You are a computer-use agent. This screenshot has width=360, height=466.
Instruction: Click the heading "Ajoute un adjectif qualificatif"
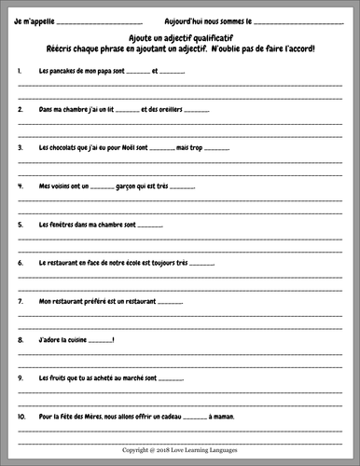180,35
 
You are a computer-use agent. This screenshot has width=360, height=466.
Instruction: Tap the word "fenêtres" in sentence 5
64,225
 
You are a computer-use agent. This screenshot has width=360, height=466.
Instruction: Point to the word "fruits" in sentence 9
59,378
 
